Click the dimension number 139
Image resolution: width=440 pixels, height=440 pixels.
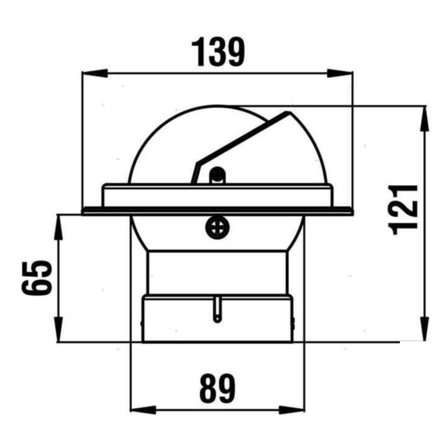pyautogui.click(x=218, y=52)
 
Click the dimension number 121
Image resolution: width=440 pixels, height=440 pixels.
pyautogui.click(x=404, y=208)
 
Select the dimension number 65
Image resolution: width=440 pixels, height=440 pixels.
pyautogui.click(x=38, y=278)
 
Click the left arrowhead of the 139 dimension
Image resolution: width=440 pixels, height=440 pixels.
pyautogui.click(x=93, y=73)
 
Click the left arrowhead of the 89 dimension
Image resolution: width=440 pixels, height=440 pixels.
pyautogui.click(x=141, y=410)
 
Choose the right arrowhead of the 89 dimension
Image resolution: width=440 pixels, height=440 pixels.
pyautogui.click(x=295, y=410)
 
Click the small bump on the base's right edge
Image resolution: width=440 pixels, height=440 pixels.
pyautogui.click(x=293, y=323)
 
